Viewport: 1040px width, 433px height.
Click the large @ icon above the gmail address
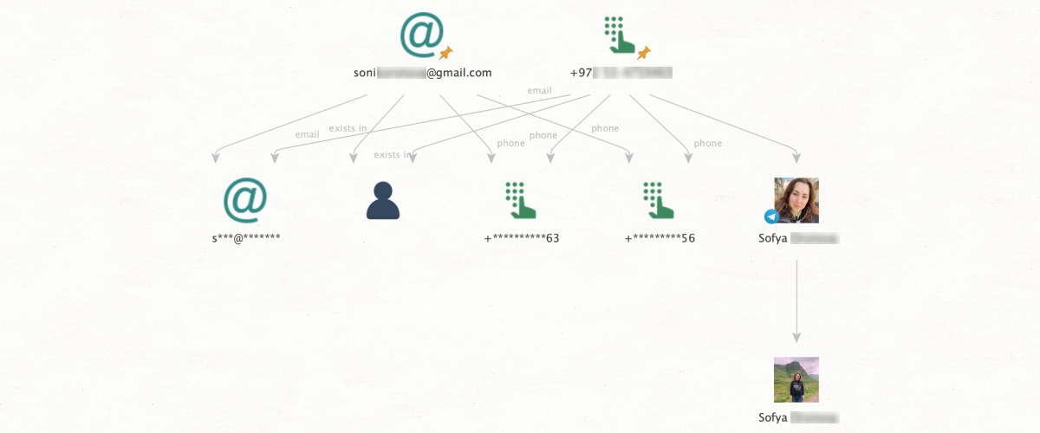tap(420, 34)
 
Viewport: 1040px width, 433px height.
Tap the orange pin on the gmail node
tap(446, 53)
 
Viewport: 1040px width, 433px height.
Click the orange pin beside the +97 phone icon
tap(643, 54)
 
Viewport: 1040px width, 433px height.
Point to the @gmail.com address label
tap(422, 73)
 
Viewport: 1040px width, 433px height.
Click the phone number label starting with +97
tap(621, 73)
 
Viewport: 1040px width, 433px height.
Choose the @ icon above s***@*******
tap(245, 198)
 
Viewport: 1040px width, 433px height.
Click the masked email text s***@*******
tap(245, 237)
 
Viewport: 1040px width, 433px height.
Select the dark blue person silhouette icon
tap(383, 200)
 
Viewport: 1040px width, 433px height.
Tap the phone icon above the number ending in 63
tap(521, 199)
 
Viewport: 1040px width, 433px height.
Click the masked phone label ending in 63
tap(521, 237)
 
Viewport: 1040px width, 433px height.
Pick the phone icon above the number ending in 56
tap(660, 199)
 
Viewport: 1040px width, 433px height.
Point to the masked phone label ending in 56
tap(660, 237)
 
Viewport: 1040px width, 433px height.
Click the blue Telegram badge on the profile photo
tap(771, 216)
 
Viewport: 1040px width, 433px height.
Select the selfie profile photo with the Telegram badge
tap(797, 199)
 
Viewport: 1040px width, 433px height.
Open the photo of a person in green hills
tap(796, 379)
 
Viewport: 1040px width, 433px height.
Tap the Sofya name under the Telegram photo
tap(797, 238)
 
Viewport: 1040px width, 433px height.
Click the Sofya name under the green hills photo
tap(797, 417)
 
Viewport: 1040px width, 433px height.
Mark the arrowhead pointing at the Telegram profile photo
tap(796, 157)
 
